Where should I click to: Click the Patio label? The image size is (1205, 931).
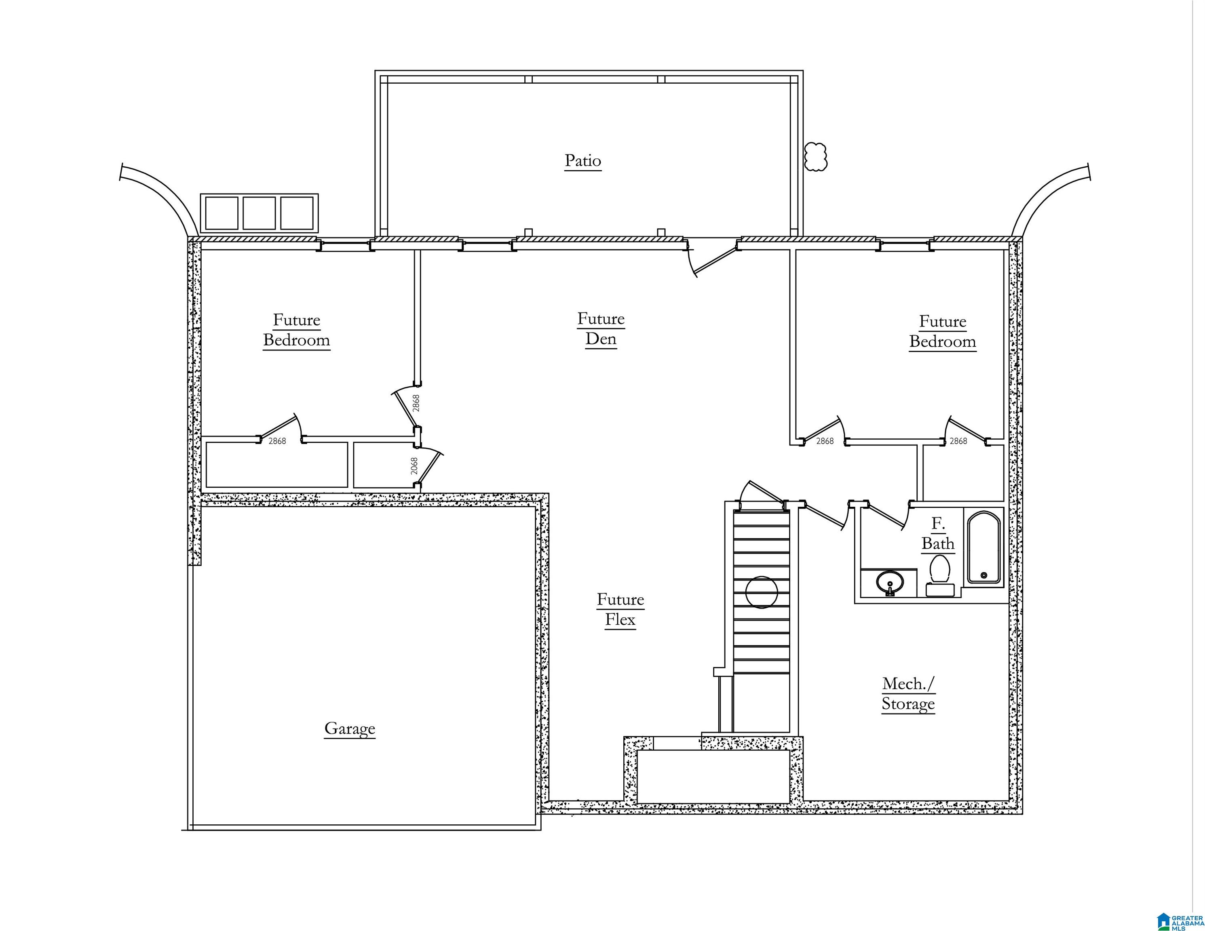(x=582, y=161)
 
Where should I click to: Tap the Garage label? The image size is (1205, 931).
(x=350, y=729)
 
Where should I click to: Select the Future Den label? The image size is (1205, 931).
(x=601, y=329)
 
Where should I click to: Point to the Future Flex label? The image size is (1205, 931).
(x=620, y=609)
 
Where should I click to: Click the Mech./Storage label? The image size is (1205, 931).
(x=908, y=694)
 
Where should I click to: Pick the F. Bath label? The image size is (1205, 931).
(x=938, y=534)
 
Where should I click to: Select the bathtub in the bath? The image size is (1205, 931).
(x=984, y=547)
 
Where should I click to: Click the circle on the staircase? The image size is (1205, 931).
(x=762, y=592)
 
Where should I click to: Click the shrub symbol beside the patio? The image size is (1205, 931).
(x=815, y=157)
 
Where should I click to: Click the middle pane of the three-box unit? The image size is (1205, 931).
(x=259, y=213)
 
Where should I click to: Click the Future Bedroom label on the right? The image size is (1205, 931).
(x=942, y=331)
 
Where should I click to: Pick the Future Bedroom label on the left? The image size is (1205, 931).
(x=296, y=330)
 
